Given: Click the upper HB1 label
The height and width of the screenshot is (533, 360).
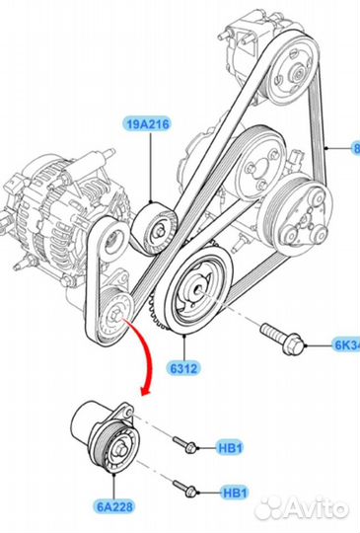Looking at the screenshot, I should (x=233, y=447).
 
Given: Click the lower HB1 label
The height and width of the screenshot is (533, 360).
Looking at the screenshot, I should (x=233, y=491).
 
